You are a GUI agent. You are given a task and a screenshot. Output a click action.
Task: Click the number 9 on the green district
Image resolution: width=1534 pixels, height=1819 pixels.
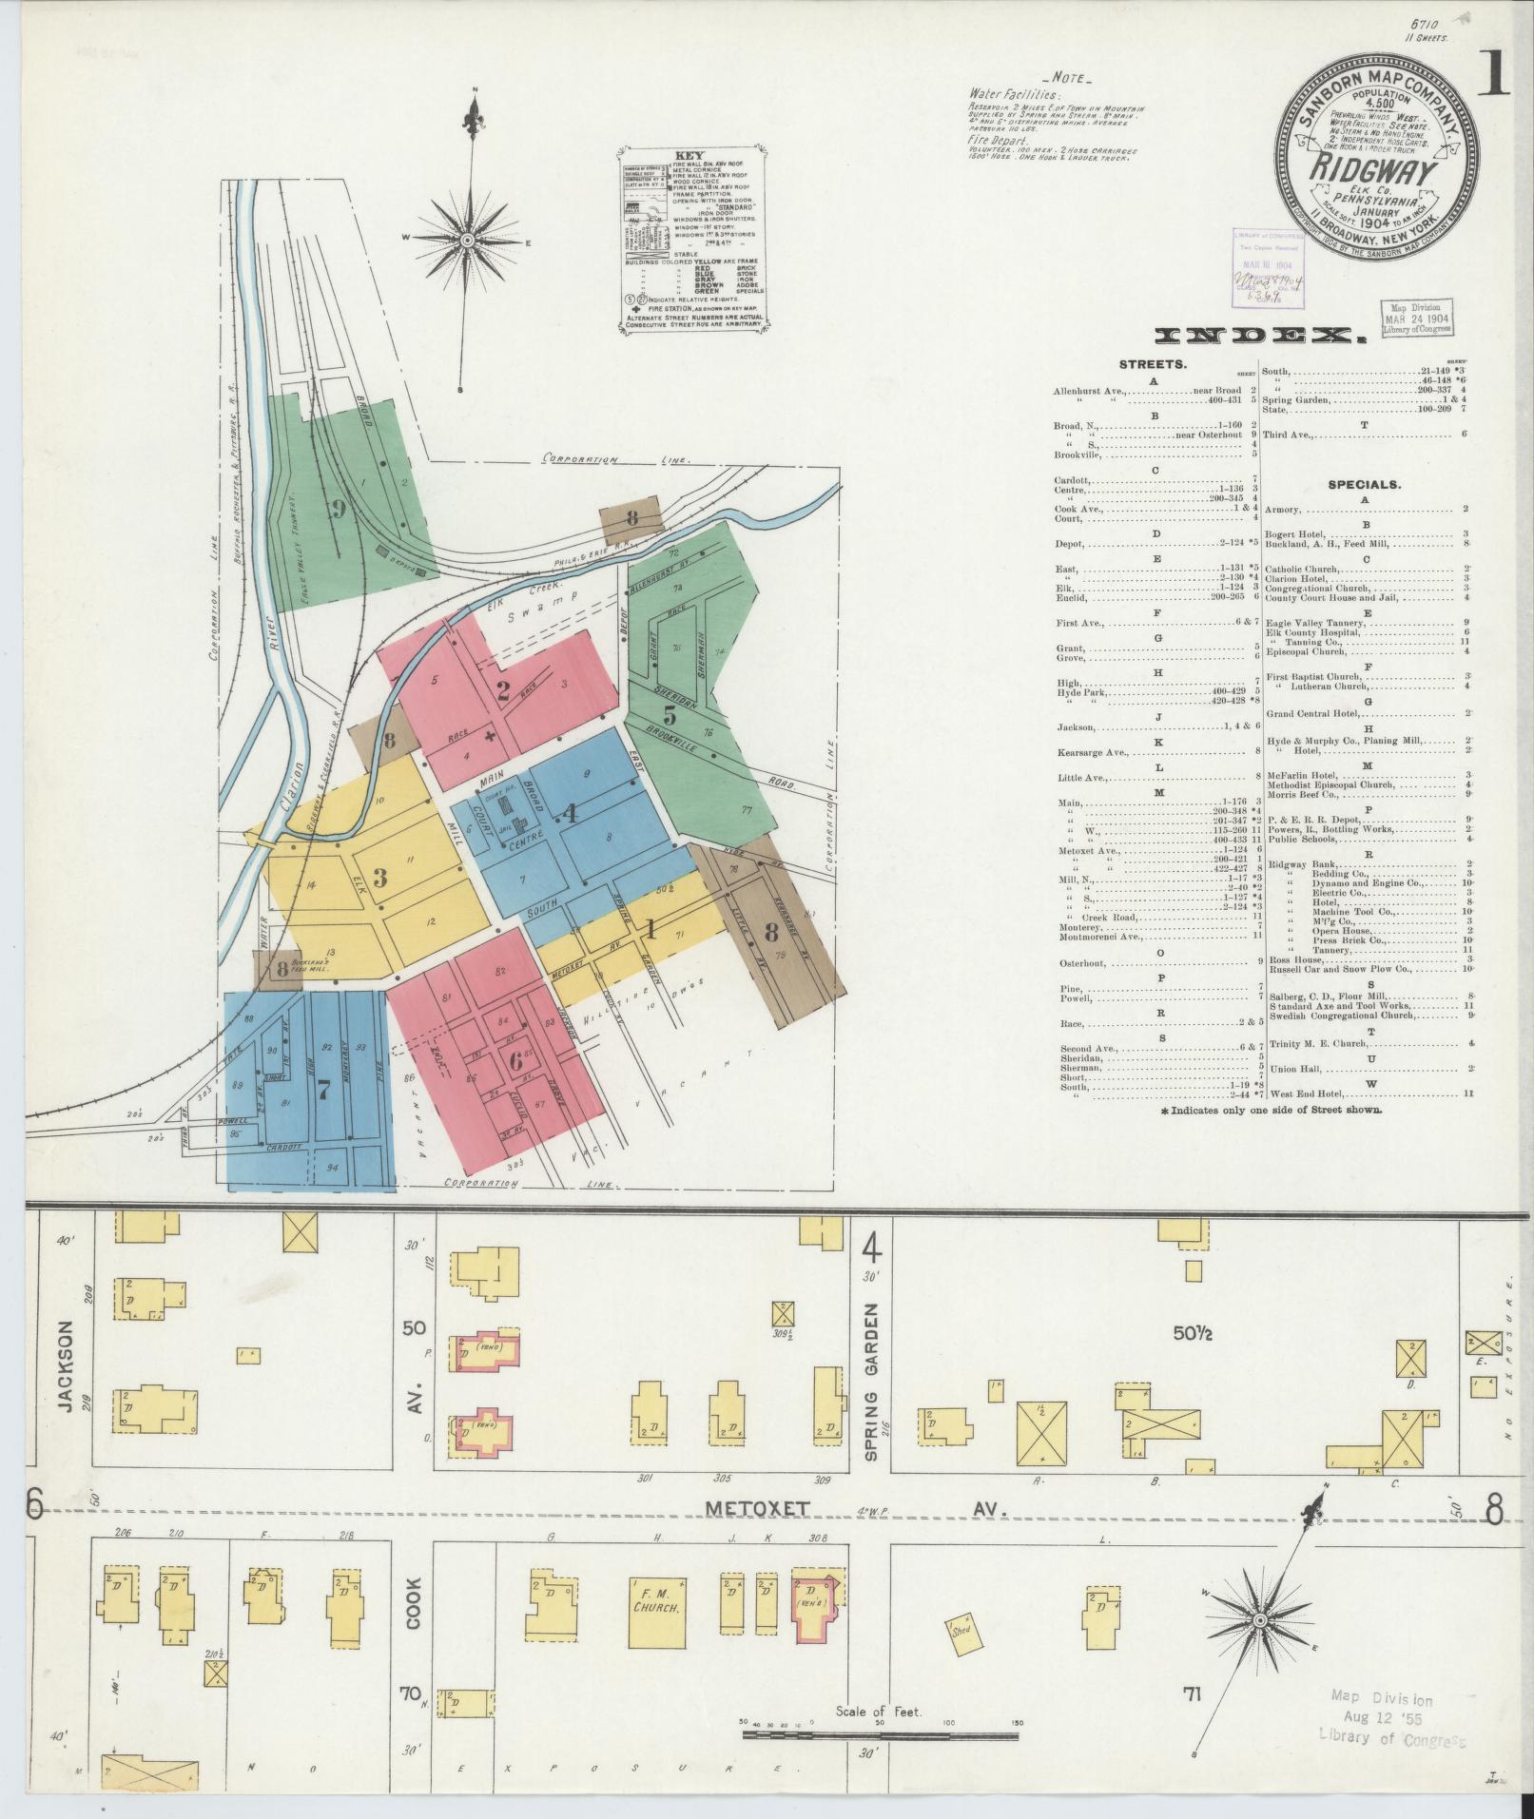coord(336,510)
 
